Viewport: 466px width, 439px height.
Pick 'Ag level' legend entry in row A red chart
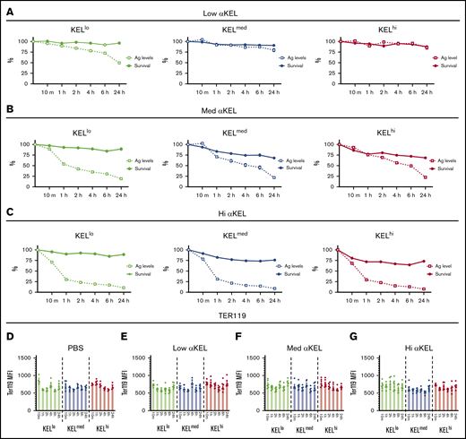pos(436,58)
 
